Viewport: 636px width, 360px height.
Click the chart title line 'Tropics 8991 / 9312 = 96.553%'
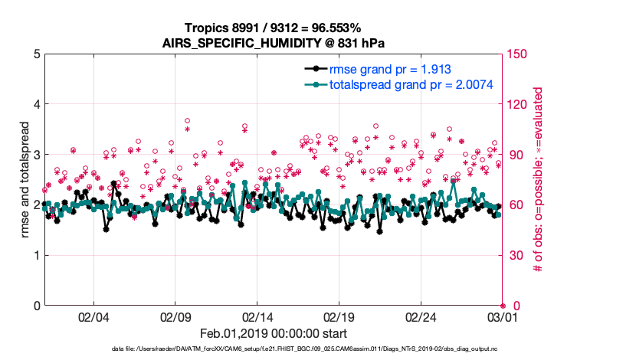tap(273, 28)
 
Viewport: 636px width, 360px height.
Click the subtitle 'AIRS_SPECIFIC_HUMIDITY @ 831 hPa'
tap(273, 42)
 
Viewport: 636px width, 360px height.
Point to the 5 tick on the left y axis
tap(37, 54)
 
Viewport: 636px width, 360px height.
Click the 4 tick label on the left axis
tap(37, 104)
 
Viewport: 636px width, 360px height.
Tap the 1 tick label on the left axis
tap(37, 255)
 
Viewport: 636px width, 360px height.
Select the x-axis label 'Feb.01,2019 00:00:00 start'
tap(273, 333)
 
